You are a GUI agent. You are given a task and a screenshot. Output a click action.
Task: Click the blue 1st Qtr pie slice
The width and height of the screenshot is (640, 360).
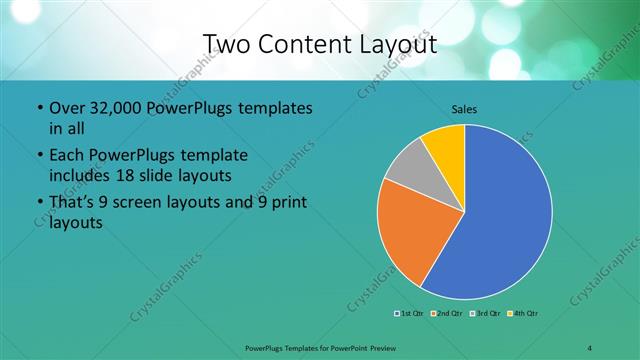point(505,215)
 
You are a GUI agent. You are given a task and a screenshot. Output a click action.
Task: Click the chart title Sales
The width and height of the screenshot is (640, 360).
point(464,107)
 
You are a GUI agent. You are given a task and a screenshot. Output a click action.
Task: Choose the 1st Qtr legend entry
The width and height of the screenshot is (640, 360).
point(409,315)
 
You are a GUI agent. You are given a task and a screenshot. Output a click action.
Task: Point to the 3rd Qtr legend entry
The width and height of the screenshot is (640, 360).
point(486,315)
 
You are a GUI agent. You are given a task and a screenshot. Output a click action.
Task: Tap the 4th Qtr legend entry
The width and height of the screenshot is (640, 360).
point(525,315)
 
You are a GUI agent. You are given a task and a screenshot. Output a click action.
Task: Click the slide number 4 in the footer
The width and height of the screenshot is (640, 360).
point(590,347)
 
